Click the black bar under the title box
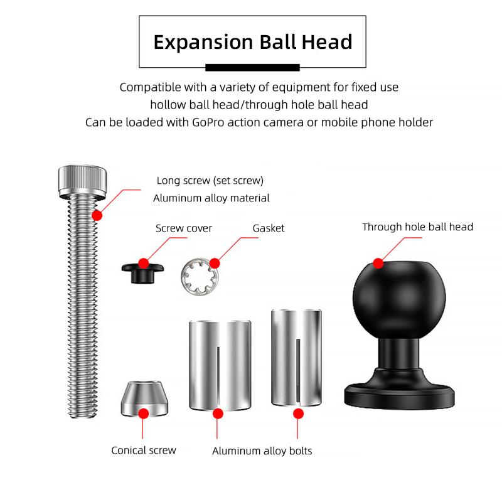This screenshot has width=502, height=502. (x=252, y=67)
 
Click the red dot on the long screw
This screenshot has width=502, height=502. (x=97, y=215)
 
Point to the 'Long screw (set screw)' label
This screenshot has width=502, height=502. (x=210, y=181)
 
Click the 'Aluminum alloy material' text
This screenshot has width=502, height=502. (x=211, y=198)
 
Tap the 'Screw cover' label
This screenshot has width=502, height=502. (x=184, y=228)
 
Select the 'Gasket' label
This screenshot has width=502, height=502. (x=269, y=228)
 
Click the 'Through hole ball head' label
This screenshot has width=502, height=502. (x=417, y=227)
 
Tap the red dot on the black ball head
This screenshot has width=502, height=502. (x=378, y=263)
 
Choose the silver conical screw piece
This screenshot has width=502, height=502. (x=144, y=400)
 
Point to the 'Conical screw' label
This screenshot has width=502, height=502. (x=144, y=450)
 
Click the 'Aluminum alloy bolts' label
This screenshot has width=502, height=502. (x=262, y=451)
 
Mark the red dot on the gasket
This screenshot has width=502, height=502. (x=215, y=263)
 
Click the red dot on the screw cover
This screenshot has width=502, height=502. (x=144, y=263)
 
